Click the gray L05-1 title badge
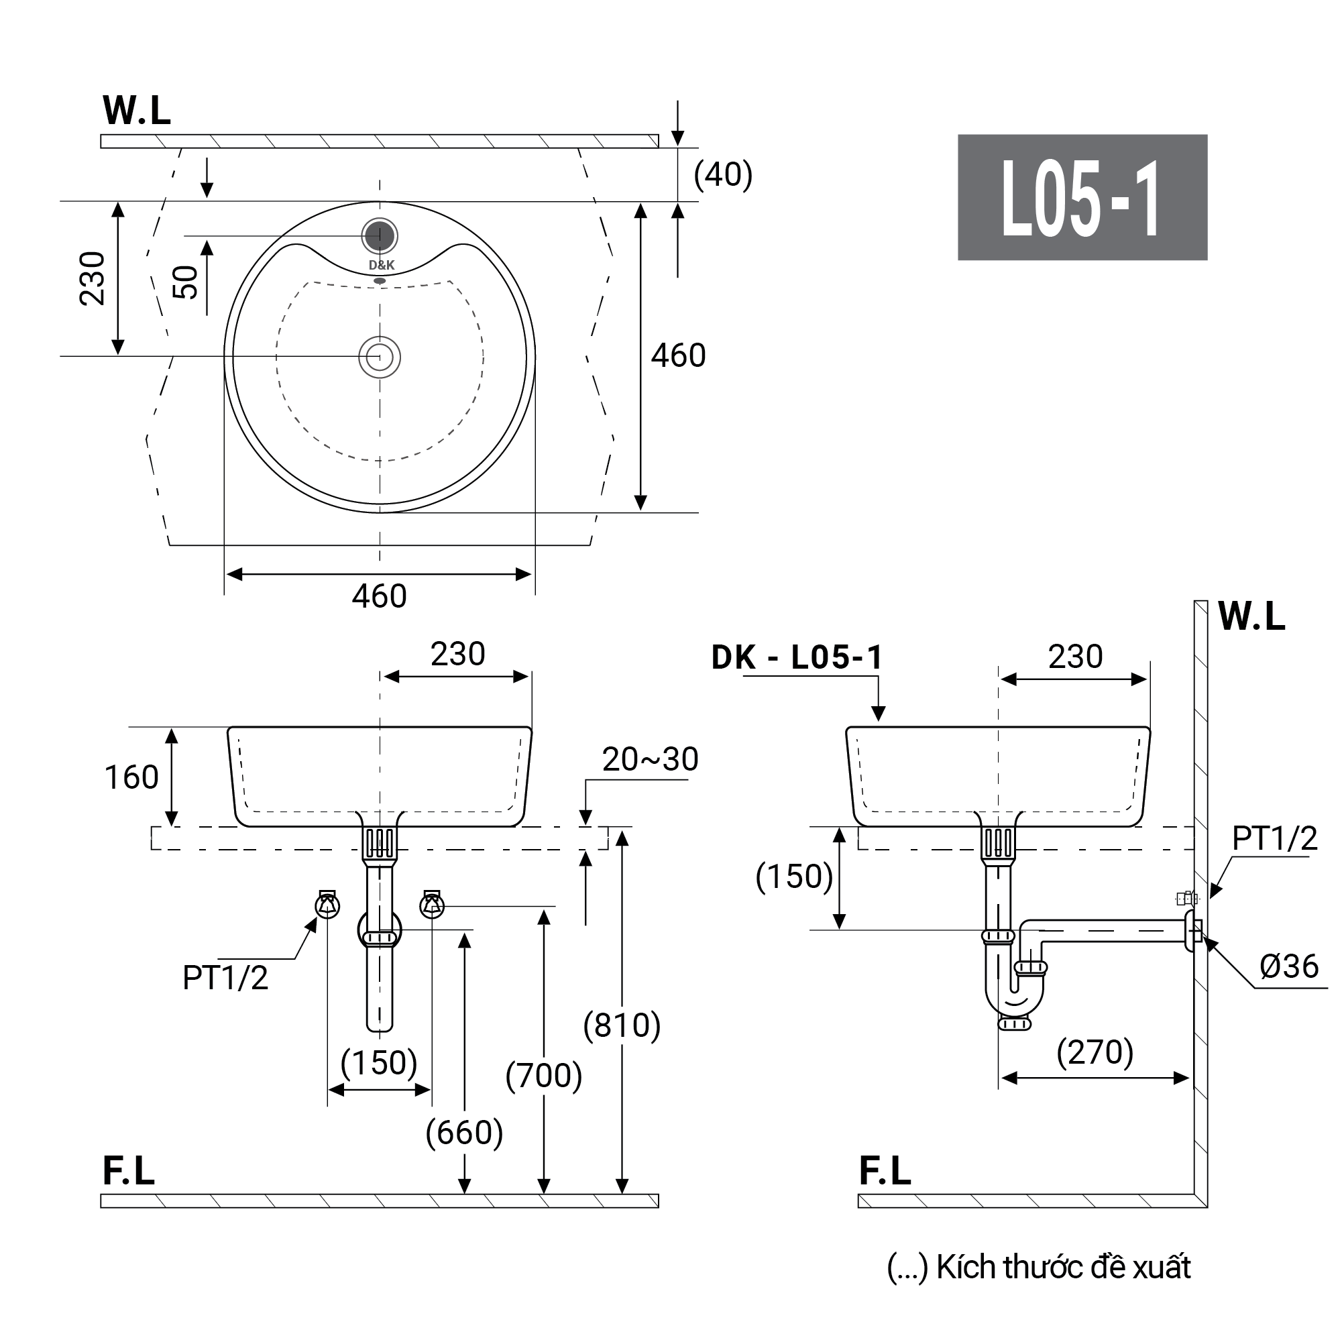[x=1082, y=197]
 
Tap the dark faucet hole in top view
[x=380, y=236]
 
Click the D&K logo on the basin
[x=382, y=266]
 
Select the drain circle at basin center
[x=380, y=357]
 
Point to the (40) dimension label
[x=722, y=174]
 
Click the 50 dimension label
[x=186, y=282]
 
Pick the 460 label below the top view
[x=380, y=596]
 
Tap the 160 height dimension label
[x=131, y=777]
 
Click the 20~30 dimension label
[x=649, y=760]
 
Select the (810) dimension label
[x=622, y=1026]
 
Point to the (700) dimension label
[x=543, y=1076]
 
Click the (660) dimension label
[x=464, y=1133]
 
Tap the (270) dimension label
[x=1095, y=1052]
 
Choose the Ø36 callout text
[x=1288, y=966]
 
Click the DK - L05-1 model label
[x=797, y=658]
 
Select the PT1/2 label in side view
[x=1274, y=839]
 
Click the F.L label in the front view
[x=129, y=1171]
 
